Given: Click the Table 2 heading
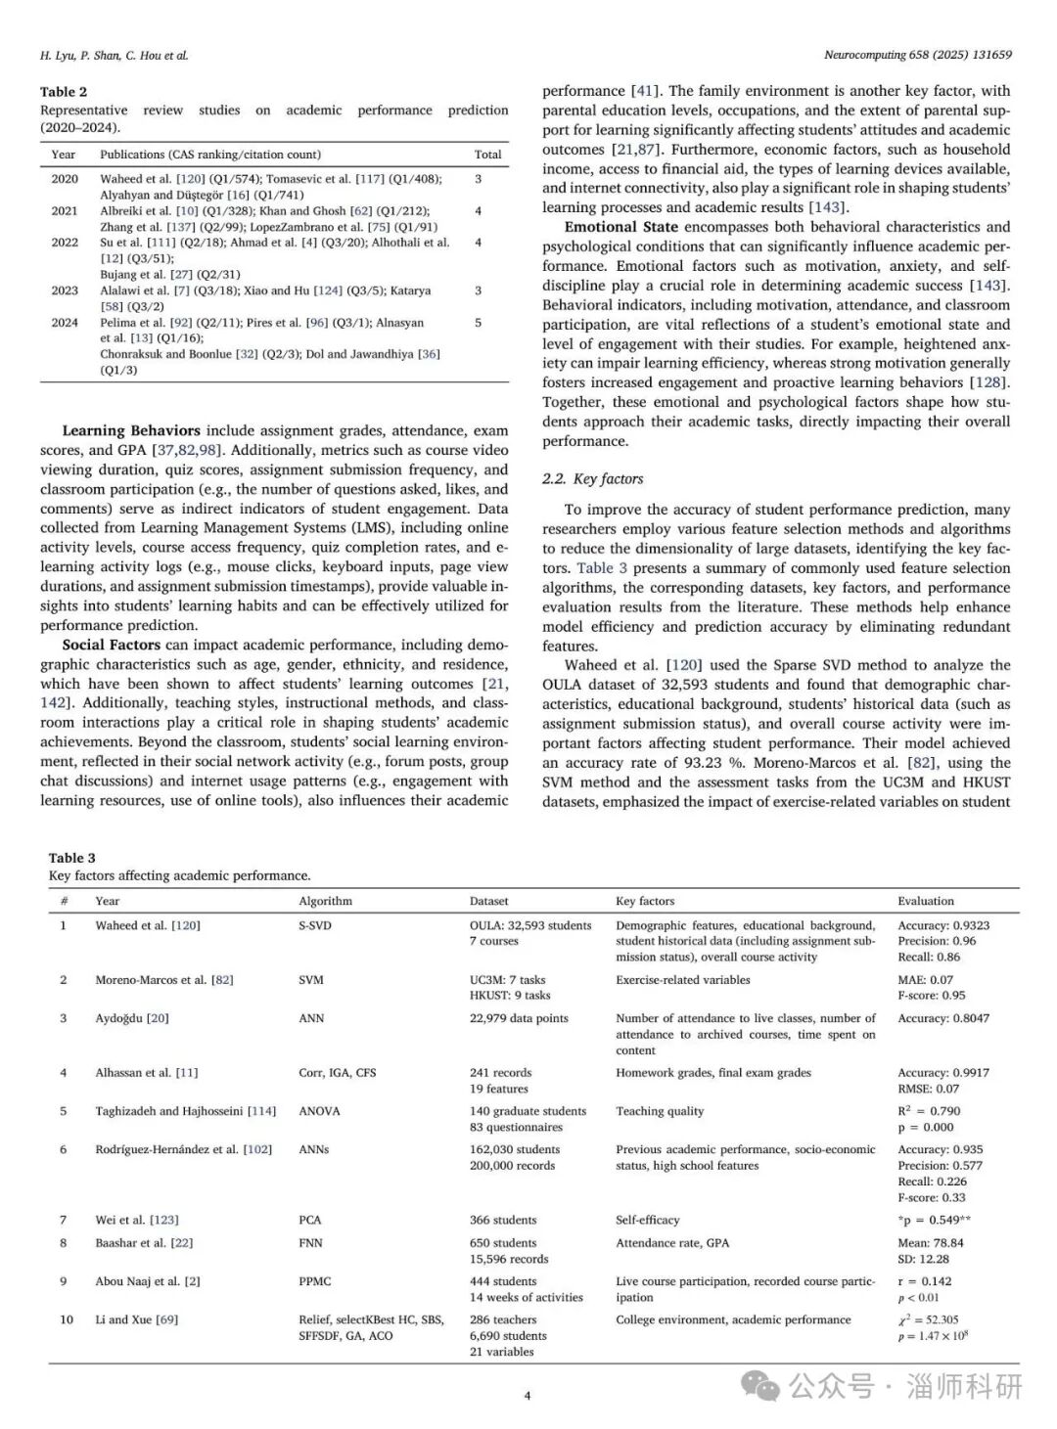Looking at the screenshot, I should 64,92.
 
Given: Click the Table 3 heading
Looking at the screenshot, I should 72,858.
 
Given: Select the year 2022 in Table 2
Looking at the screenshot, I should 65,243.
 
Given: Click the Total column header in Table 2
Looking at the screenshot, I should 487,155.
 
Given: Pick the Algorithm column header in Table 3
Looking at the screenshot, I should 325,901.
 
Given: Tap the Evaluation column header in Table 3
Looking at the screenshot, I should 925,901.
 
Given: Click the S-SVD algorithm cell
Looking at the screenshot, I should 315,925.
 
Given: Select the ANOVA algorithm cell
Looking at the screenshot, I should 320,1111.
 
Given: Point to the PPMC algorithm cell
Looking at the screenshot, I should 315,1281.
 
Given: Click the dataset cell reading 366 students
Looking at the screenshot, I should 503,1220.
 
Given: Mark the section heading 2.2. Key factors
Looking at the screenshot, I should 592,479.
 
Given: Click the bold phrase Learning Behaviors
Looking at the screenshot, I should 131,430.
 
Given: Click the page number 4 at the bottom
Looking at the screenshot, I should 528,1396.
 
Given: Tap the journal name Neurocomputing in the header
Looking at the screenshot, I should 863,56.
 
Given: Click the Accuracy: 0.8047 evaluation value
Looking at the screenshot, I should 942,1018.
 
